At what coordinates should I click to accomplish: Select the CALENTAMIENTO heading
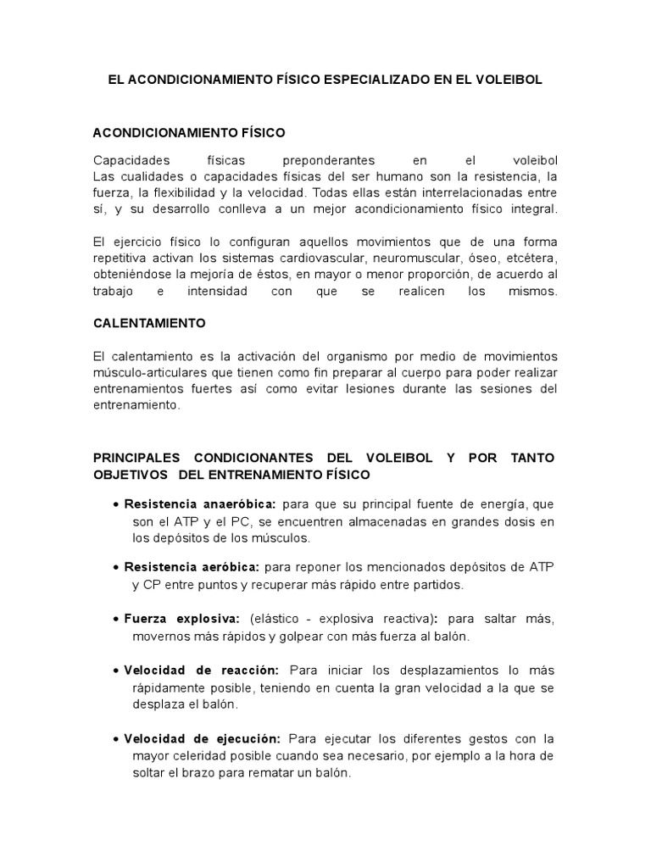pos(149,324)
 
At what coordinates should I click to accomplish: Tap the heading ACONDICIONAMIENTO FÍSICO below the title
pos(189,133)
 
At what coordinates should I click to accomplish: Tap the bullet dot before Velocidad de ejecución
pos(115,739)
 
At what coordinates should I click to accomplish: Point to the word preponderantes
pos(319,159)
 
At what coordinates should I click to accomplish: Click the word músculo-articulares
pos(147,372)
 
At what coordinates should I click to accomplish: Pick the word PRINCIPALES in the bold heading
pos(136,458)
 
